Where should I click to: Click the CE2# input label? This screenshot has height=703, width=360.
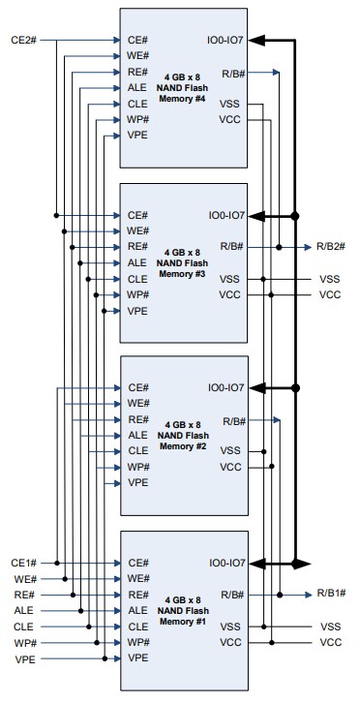23,40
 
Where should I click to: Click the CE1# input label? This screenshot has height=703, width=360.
23,563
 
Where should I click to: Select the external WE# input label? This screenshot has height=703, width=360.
24,578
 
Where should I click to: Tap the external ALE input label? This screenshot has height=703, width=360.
24,610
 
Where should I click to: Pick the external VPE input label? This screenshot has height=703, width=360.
24,658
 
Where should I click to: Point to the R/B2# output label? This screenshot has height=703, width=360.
331,247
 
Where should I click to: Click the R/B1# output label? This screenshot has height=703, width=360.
331,594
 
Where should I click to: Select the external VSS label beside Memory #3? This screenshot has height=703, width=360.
330,279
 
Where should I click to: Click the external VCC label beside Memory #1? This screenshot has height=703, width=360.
330,642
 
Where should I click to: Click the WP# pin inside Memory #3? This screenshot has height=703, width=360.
137,294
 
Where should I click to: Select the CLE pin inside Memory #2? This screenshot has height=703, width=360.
137,451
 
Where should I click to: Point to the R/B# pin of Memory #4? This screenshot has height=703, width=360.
233,72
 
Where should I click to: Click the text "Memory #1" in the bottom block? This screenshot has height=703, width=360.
182,620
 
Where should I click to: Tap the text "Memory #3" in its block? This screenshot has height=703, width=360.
182,273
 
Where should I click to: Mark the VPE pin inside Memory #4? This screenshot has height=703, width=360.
137,137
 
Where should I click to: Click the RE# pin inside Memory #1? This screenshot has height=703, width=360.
137,595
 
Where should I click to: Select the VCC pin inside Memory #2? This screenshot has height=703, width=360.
230,468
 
